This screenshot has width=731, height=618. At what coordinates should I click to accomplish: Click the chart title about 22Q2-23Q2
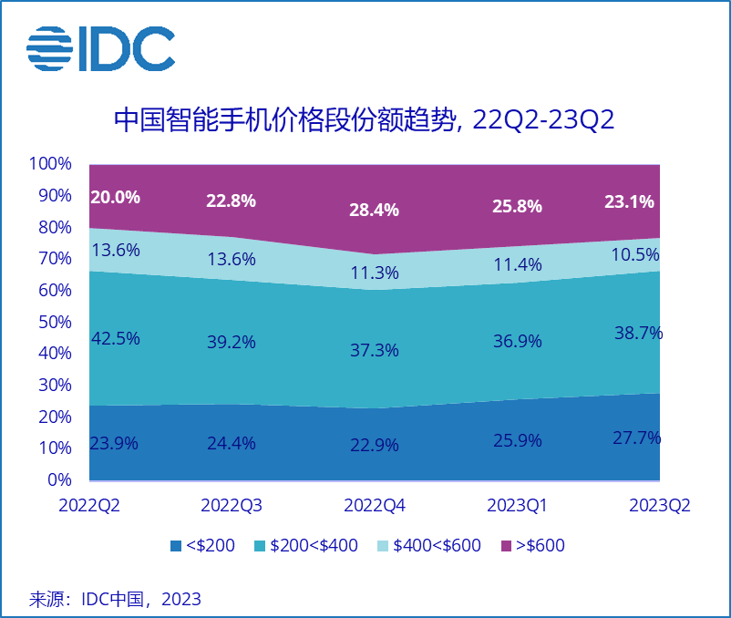[x=365, y=120]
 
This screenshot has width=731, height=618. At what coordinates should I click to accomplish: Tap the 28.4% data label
[x=374, y=210]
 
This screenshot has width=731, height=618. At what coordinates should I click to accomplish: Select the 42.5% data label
[x=115, y=338]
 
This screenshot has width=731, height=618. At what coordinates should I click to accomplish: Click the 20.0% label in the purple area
[x=115, y=197]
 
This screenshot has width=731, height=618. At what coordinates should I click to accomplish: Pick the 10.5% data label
[x=633, y=255]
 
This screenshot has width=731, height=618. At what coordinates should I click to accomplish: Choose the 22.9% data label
[x=374, y=446]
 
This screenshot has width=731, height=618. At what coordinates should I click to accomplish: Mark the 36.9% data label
[x=517, y=341]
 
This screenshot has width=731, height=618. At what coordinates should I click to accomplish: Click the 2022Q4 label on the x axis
[x=374, y=506]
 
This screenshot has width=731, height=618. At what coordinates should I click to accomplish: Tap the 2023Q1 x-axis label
[x=517, y=506]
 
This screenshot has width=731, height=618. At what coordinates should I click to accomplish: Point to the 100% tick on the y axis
[x=50, y=164]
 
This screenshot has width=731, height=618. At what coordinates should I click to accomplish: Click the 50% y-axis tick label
[x=54, y=322]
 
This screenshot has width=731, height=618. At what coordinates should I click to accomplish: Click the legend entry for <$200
[x=202, y=546]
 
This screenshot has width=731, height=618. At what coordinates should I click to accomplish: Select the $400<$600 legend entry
[x=428, y=546]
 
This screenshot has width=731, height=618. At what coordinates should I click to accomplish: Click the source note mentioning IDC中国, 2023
[x=116, y=599]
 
